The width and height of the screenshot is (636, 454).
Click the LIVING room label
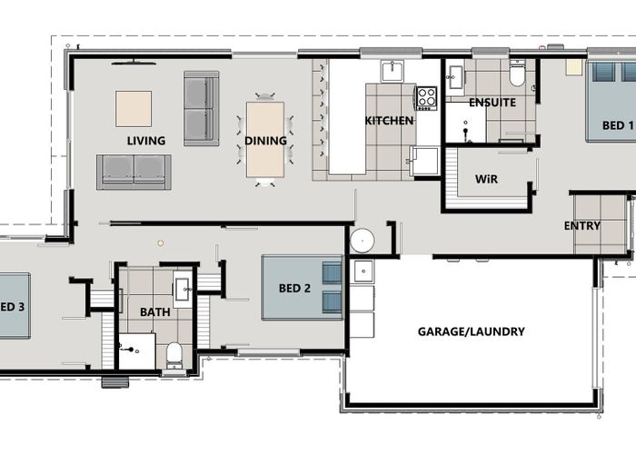(145, 141)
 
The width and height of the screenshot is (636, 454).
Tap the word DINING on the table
(265, 141)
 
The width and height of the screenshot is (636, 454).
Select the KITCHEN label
(389, 121)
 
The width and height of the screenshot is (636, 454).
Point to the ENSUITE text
(492, 103)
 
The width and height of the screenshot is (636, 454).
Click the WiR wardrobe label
(487, 180)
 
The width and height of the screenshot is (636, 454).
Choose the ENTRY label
(581, 225)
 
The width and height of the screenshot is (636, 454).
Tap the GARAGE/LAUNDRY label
(471, 331)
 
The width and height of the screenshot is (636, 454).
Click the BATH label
(154, 312)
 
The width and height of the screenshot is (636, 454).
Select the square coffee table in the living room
(134, 109)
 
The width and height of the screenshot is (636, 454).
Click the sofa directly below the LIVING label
(134, 172)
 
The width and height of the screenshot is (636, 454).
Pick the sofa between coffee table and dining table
(201, 108)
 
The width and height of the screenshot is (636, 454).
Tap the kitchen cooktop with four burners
(426, 97)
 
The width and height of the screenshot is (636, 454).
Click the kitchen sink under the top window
(392, 71)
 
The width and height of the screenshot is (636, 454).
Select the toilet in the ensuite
(517, 73)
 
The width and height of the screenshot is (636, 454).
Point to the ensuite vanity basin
(455, 74)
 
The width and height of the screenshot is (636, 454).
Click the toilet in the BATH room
(174, 355)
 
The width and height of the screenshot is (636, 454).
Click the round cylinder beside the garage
(363, 241)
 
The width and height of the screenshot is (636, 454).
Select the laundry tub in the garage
(363, 271)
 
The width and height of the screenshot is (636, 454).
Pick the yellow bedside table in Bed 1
(573, 66)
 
